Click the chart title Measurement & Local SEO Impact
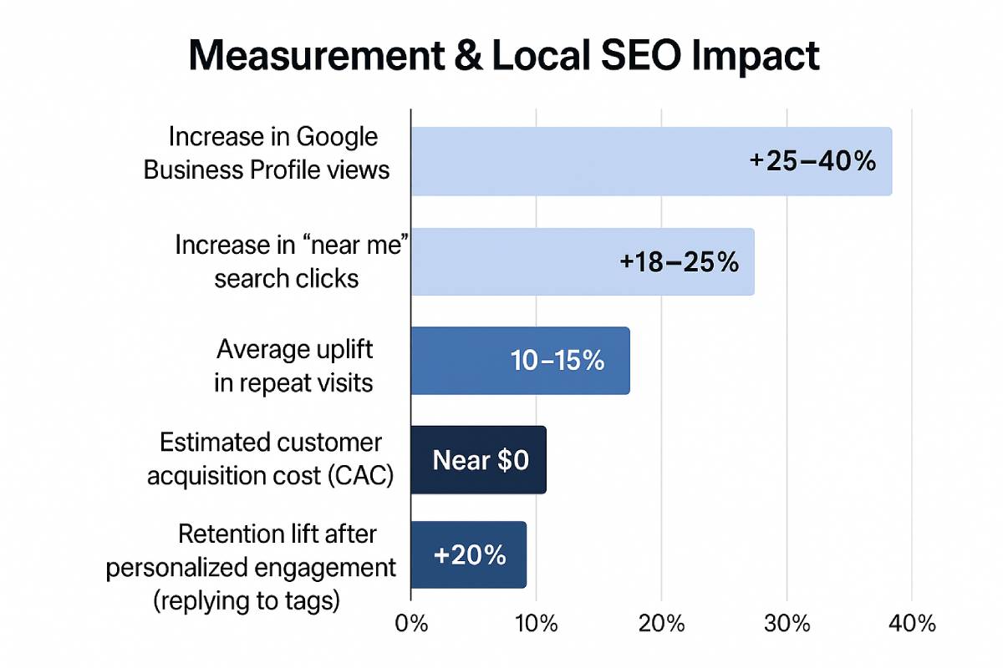pos(504,58)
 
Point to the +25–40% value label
pos(812,161)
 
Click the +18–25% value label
pos(679,262)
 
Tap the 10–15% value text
pos(557,361)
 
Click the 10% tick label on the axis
pos(535,624)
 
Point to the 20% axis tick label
pos(661,624)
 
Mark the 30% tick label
pos(787,624)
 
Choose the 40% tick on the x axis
pos(911,624)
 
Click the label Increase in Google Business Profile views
pos(267,153)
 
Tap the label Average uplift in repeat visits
pos(293,365)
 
